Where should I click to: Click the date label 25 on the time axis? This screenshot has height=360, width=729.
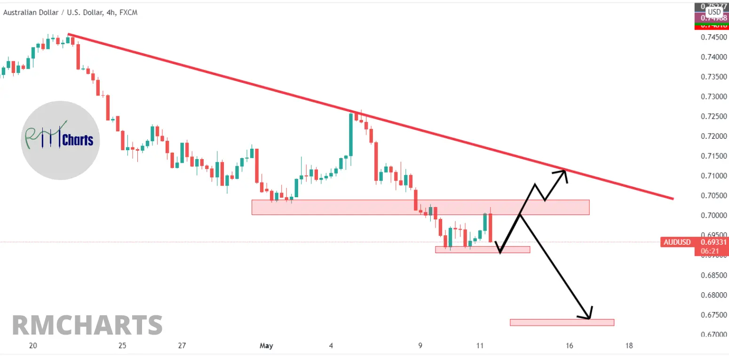[122, 346]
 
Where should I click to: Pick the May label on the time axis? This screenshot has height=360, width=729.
[266, 346]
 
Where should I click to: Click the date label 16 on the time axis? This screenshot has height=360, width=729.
[570, 346]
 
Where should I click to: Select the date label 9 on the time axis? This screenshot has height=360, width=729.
[420, 346]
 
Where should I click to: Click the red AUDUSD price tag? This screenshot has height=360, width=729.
[677, 242]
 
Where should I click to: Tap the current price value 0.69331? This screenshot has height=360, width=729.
[714, 242]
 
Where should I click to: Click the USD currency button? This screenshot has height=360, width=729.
[714, 12]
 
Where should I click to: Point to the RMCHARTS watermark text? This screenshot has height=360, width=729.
[87, 325]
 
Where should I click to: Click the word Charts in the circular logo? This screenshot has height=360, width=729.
[78, 140]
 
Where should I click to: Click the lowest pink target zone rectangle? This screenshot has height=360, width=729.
[562, 322]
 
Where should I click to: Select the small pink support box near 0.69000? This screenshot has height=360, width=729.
[482, 250]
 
